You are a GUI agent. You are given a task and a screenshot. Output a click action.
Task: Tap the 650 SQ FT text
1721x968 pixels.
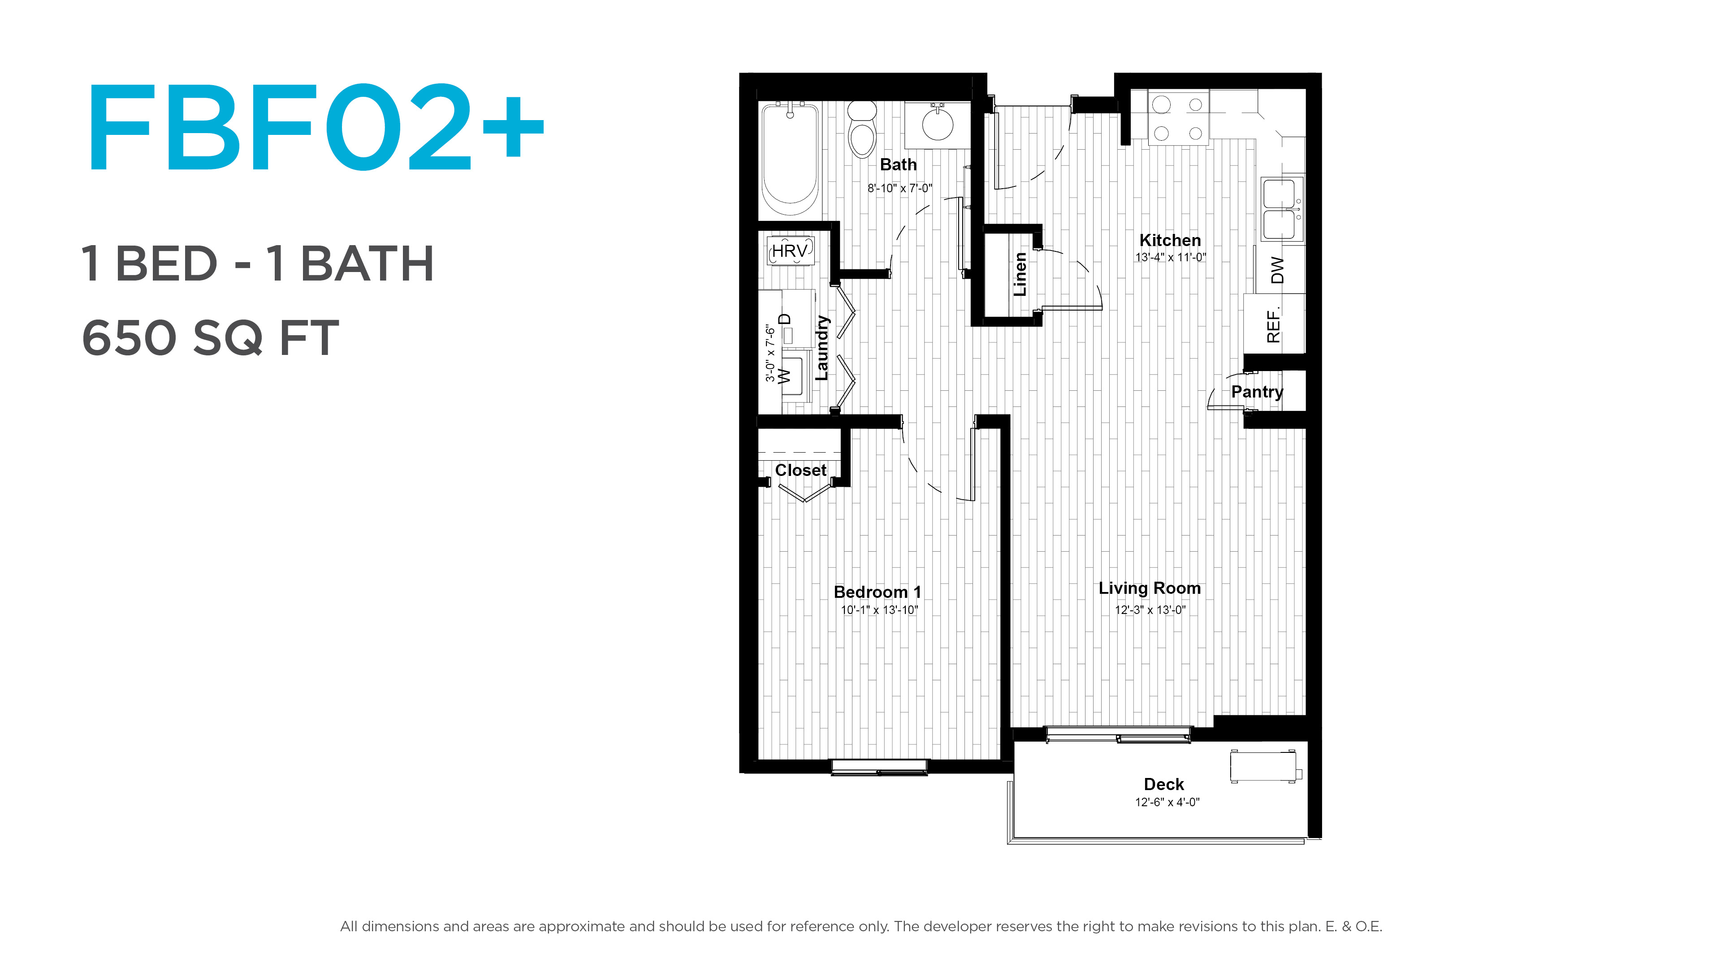pyautogui.click(x=211, y=338)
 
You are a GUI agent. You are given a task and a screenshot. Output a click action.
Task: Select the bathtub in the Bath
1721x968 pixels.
pyautogui.click(x=790, y=159)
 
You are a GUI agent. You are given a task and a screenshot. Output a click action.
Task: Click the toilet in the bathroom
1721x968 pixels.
pyautogui.click(x=862, y=129)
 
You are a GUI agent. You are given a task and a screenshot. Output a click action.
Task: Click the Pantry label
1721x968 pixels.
pyautogui.click(x=1257, y=392)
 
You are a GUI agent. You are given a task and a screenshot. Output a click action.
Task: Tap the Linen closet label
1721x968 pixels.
pyautogui.click(x=1020, y=274)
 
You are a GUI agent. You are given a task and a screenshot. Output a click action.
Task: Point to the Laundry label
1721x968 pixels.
pyautogui.click(x=822, y=348)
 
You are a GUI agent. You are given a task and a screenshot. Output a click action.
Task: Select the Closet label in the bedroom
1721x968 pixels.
pyautogui.click(x=800, y=470)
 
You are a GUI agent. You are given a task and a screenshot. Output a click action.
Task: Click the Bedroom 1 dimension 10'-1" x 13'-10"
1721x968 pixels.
pyautogui.click(x=879, y=610)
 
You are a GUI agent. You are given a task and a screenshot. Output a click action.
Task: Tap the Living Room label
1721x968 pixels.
pyautogui.click(x=1150, y=588)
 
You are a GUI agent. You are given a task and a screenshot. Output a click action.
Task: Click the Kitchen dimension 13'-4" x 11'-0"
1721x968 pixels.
pyautogui.click(x=1171, y=257)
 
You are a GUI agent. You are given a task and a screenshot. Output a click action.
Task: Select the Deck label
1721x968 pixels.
pyautogui.click(x=1164, y=784)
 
